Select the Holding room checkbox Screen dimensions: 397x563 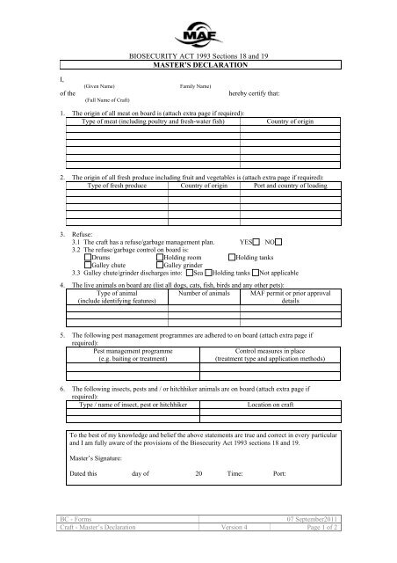[x=159, y=256]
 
